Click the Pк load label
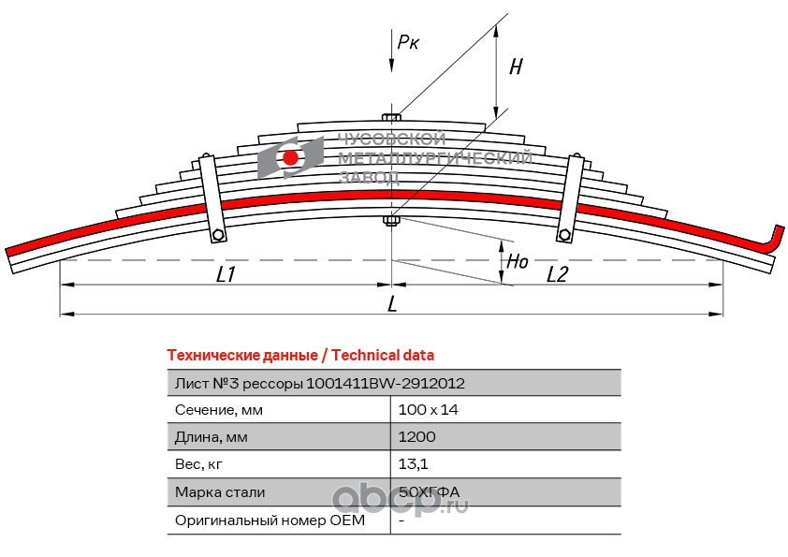pos(407,42)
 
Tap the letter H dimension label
pos(516,66)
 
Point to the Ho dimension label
pos(518,261)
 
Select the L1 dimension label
pos(226,274)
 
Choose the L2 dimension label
pos(557,274)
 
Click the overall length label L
pos(392,303)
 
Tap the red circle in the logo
pos(290,158)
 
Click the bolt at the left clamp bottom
pos(218,235)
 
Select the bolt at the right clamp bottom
pos(564,234)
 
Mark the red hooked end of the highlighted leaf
pos(773,239)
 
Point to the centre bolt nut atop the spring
pos(391,118)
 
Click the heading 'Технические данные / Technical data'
pos(300,356)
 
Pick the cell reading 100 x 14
pos(429,410)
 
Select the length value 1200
pos(416,437)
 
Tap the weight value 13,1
pos(413,464)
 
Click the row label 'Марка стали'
pos(220,492)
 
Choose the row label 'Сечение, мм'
pos(219,410)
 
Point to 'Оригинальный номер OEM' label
pos(270,520)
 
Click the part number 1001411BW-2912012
pos(386,384)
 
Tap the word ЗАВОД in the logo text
pos(370,178)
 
